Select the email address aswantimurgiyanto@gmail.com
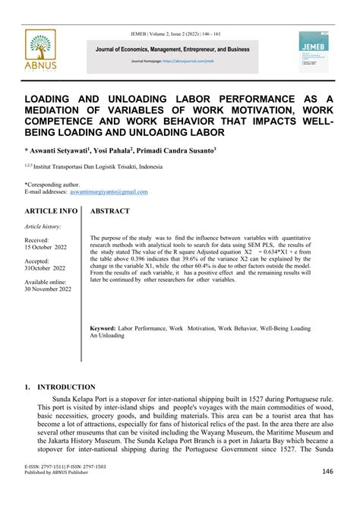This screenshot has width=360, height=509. point(111,191)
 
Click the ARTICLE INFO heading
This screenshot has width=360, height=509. point(51,210)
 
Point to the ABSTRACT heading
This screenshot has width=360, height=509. point(109,210)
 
